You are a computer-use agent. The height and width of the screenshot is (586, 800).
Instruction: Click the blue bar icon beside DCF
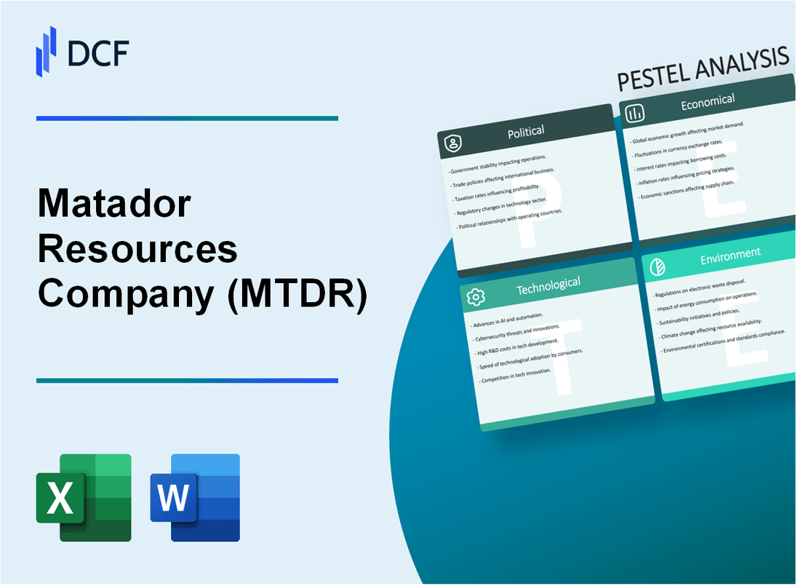click(x=47, y=51)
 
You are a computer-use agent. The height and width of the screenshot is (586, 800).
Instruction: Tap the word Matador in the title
click(x=113, y=206)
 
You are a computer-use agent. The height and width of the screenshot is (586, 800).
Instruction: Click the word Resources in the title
click(x=137, y=249)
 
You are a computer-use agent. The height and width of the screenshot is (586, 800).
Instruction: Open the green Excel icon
click(x=84, y=498)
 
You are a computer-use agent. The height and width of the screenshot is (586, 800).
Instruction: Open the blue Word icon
click(x=195, y=498)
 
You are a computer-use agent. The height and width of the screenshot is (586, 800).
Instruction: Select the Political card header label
click(x=527, y=132)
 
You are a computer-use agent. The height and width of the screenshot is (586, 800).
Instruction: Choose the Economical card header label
click(x=708, y=102)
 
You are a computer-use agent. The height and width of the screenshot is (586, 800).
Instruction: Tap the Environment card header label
click(x=730, y=254)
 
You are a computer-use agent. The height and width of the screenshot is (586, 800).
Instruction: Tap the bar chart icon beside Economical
click(x=635, y=113)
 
